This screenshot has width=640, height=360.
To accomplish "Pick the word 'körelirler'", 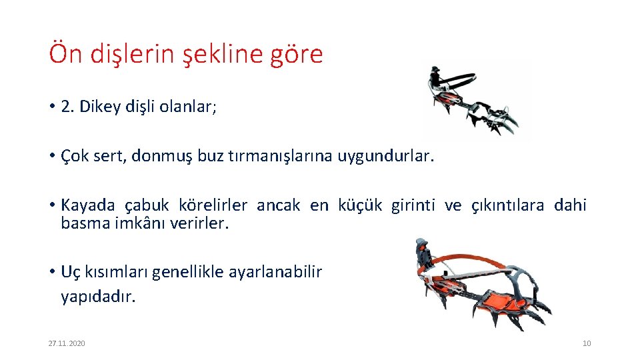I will pos(213,205).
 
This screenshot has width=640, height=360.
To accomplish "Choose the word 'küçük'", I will pos(361,205).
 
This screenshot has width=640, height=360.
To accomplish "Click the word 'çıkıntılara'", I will pos(508,205).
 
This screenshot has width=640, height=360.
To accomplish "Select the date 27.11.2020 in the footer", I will pos(67,343).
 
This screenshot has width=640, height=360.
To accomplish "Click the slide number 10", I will pos(587,343).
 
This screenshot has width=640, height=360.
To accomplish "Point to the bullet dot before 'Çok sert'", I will pos(51,157).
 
